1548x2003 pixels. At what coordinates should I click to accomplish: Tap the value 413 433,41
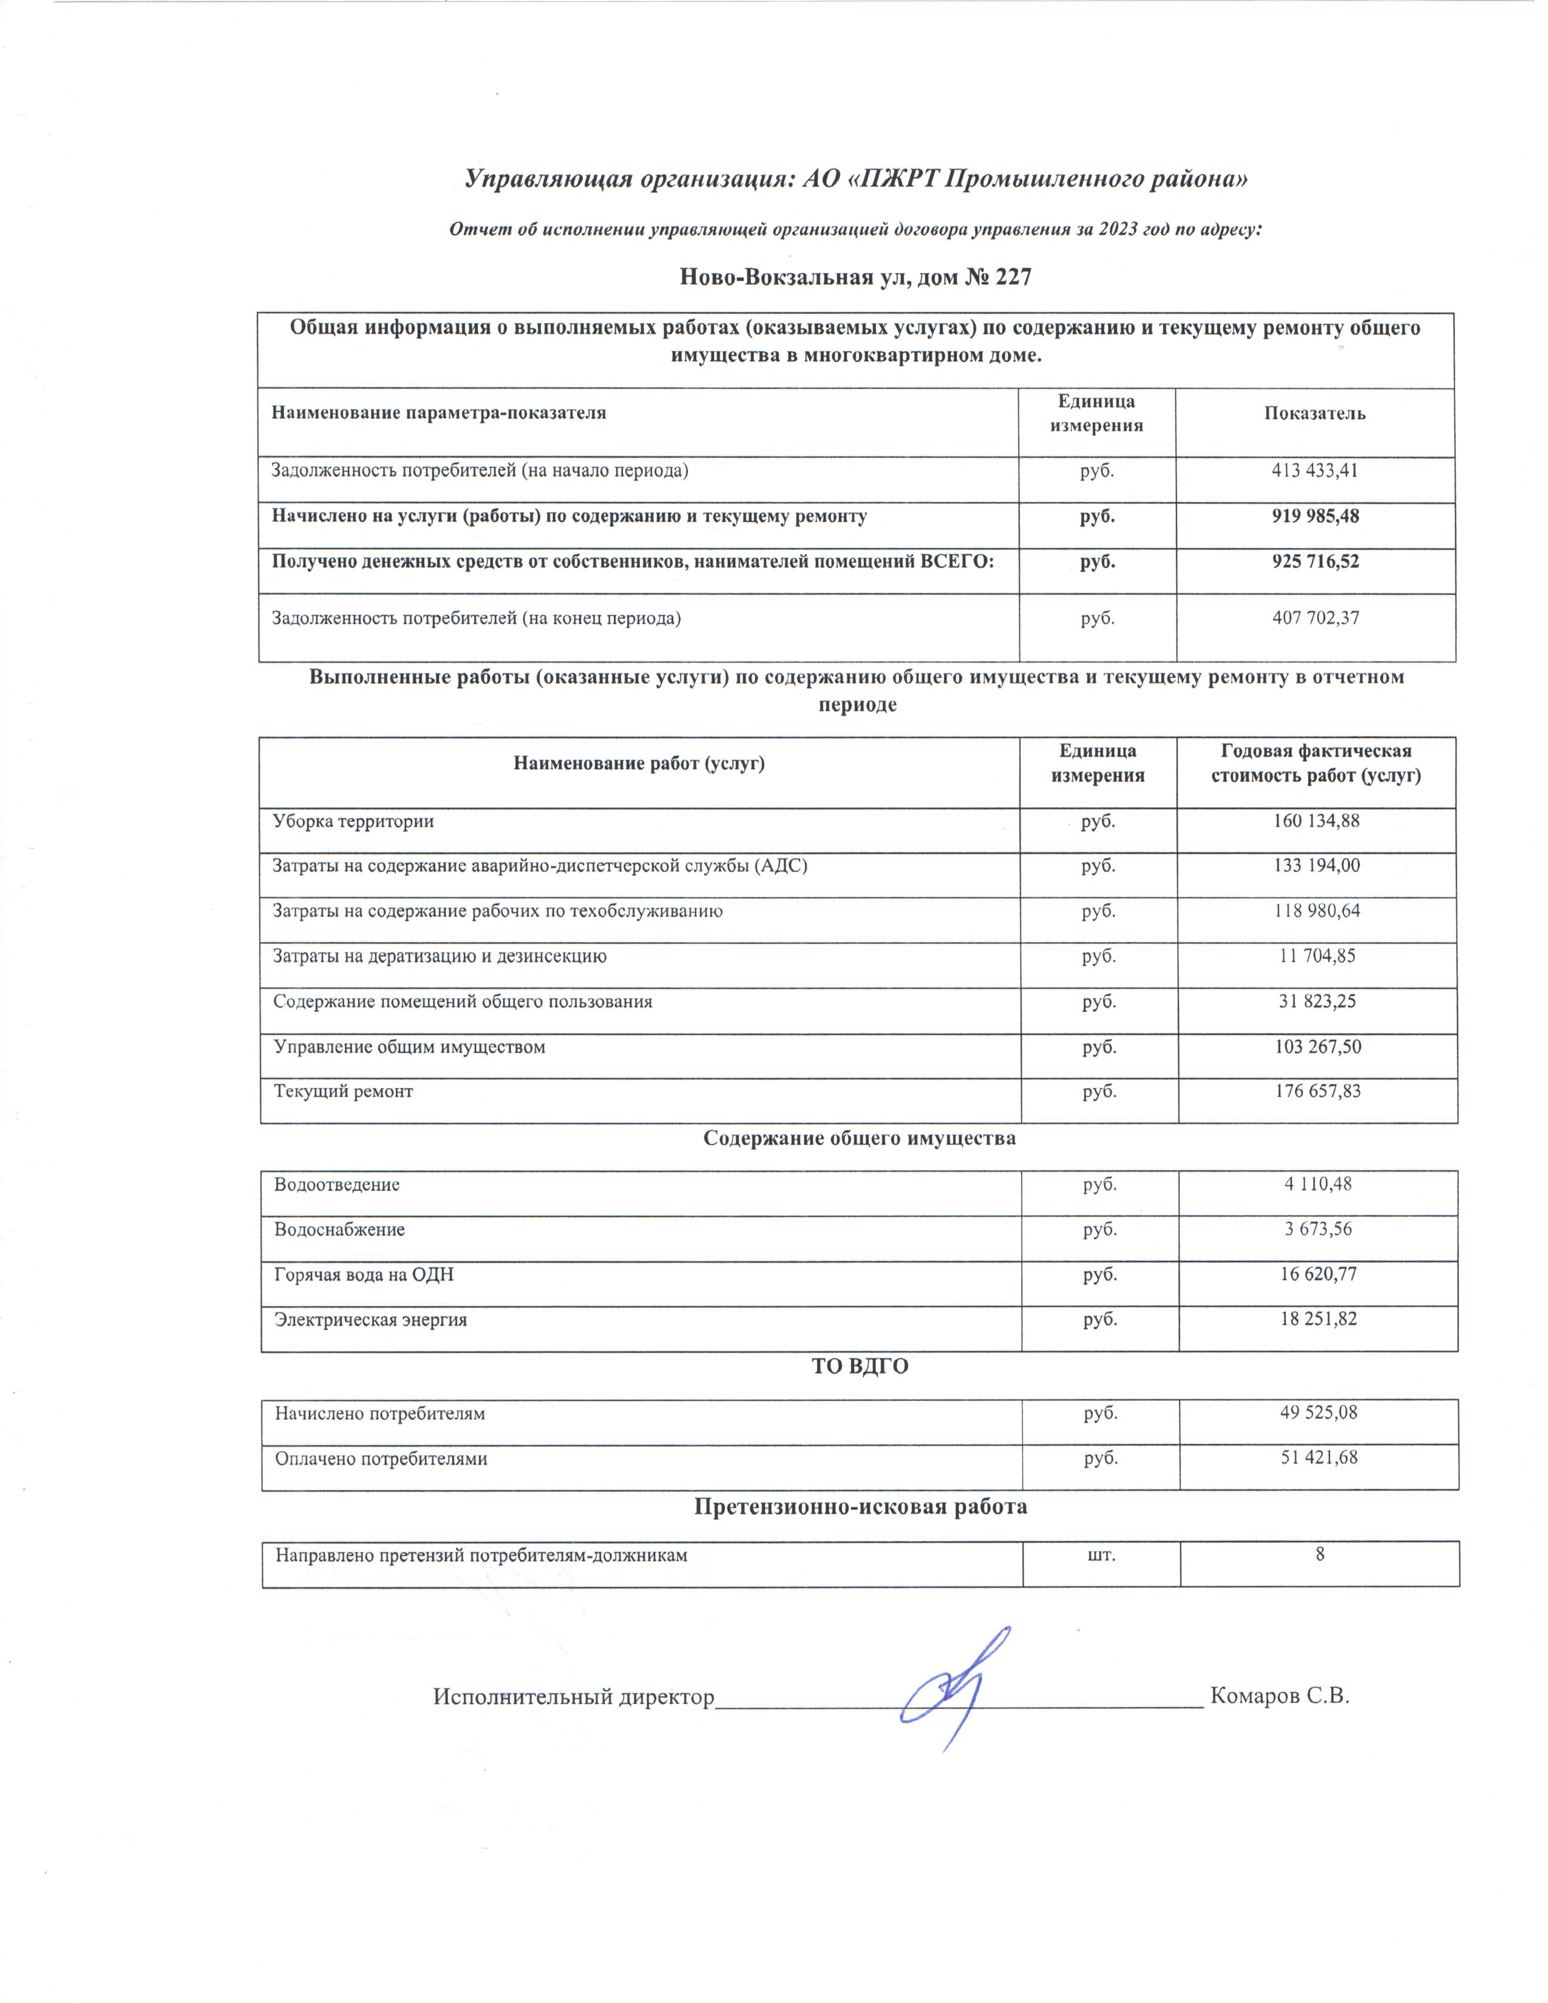coord(1314,470)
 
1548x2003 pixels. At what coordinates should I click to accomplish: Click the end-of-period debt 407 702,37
coord(1315,617)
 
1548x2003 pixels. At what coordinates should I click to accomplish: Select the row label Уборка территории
coord(353,821)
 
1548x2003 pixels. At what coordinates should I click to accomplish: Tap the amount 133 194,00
coord(1316,865)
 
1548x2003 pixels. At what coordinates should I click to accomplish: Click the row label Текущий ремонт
coord(343,1091)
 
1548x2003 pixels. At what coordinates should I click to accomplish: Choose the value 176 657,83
coord(1316,1091)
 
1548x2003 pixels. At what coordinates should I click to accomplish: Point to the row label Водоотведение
coord(336,1184)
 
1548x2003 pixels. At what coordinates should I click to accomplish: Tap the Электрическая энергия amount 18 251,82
coord(1318,1319)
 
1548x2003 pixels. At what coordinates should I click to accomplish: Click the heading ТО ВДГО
coord(859,1366)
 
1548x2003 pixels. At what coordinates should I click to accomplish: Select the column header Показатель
coord(1314,413)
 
